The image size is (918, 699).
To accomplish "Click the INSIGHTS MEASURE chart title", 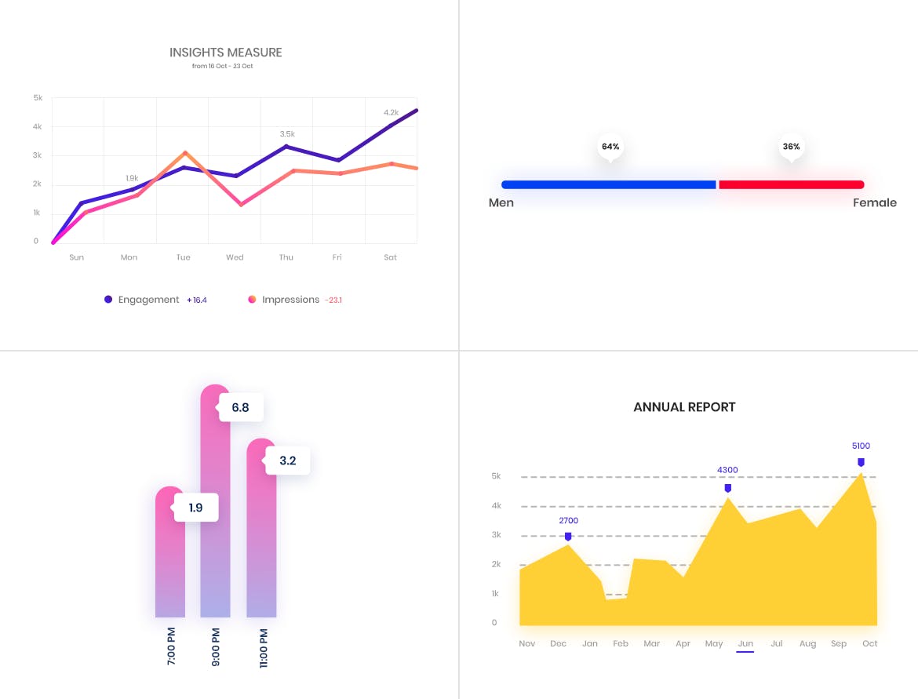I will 226,53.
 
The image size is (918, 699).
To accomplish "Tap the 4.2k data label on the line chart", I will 391,112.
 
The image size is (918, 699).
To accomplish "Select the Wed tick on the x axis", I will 235,257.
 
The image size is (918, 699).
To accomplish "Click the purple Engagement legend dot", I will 108,300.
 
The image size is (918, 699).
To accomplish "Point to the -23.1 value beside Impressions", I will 334,300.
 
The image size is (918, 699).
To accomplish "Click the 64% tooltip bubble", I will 610,147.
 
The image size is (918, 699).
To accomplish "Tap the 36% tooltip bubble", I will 791,147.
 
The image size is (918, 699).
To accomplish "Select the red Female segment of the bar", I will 791,185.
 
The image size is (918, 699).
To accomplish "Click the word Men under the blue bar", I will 501,203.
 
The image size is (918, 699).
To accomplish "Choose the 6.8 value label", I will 241,408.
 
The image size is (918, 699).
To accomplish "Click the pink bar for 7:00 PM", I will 170,565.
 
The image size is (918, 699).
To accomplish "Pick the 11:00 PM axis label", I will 264,647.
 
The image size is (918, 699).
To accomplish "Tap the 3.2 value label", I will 288,461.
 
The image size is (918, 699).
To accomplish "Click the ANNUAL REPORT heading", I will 684,407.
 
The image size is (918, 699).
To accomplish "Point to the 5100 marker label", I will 861,446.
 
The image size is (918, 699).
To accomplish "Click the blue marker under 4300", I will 728,488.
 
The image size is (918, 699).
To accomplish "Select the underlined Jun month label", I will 745,644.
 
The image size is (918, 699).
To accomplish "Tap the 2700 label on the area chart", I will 568,521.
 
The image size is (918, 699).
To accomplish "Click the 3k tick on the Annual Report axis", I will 495,535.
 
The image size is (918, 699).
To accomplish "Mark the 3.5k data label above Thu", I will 287,134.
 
